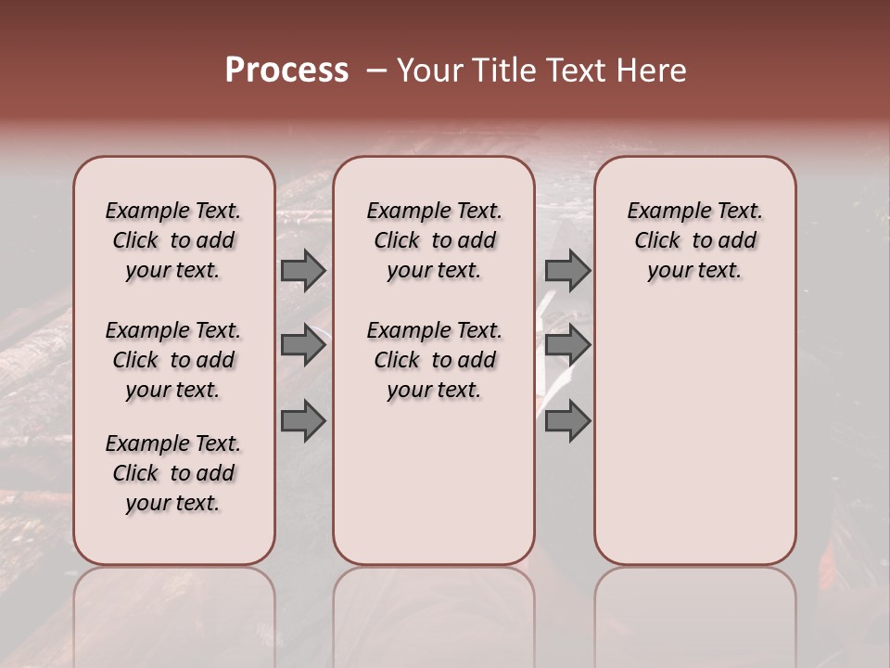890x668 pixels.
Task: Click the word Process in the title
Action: (x=286, y=71)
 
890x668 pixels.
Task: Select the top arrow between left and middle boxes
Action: (x=303, y=270)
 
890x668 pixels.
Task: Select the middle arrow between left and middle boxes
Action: (x=303, y=345)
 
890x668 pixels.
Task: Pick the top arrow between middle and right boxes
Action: (x=567, y=270)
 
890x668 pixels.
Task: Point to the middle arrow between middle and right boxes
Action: (x=567, y=345)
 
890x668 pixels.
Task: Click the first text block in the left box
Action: (x=173, y=240)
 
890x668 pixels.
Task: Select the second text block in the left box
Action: (x=173, y=360)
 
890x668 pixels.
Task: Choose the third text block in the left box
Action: (x=173, y=473)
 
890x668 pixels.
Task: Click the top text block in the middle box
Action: (x=435, y=240)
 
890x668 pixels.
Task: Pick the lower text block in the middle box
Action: (x=435, y=360)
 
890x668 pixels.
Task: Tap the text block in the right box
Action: (x=695, y=240)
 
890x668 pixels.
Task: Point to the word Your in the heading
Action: (x=427, y=71)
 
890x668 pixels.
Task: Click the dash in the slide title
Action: (x=376, y=71)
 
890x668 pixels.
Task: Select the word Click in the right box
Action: (x=657, y=241)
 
